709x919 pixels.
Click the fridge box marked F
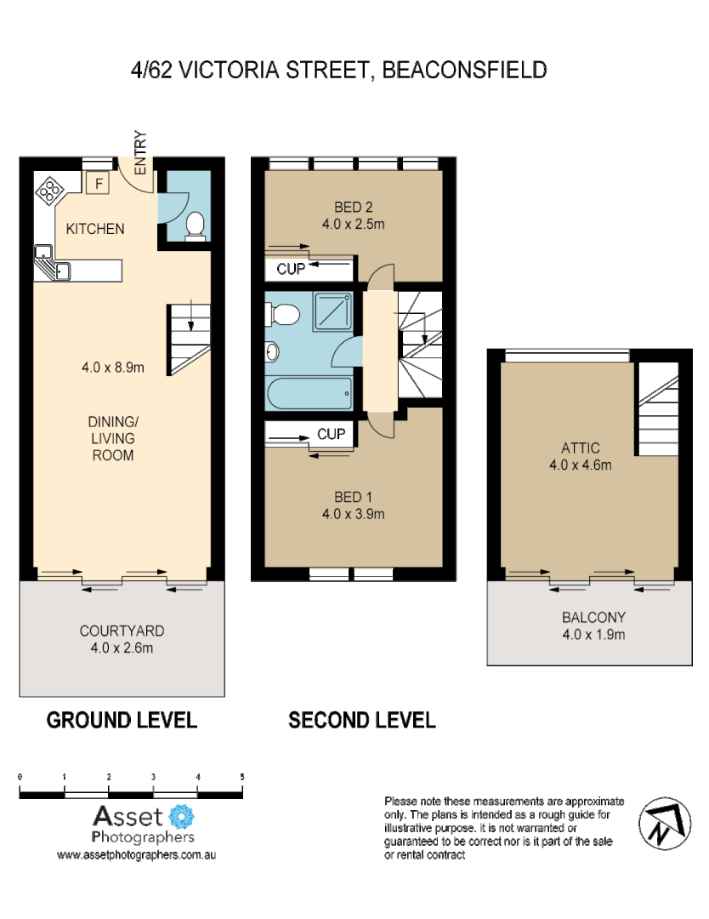[98, 183]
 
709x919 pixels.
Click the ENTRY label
[140, 153]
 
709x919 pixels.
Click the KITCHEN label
[95, 229]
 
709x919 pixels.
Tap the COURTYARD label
[122, 631]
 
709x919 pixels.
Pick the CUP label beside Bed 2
[289, 270]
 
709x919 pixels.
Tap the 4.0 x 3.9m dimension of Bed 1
[354, 514]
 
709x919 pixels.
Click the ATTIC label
[581, 448]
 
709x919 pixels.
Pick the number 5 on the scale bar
[242, 777]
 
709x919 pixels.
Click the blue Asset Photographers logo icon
[182, 818]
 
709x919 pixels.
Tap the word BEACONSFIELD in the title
[465, 70]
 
